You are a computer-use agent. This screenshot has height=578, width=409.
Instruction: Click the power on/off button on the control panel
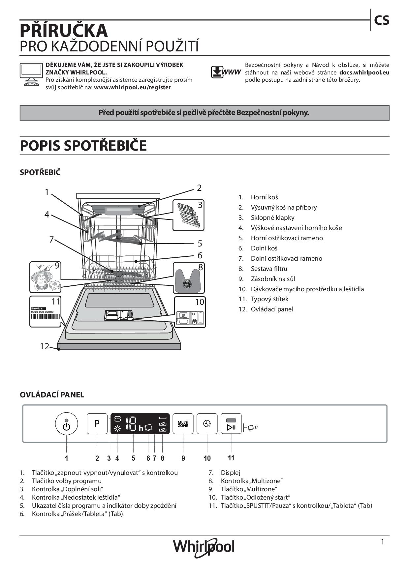click(66, 423)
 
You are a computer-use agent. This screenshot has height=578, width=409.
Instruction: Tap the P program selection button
click(97, 423)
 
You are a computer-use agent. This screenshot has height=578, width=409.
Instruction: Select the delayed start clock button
click(207, 423)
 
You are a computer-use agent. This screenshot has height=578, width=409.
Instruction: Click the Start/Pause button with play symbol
click(231, 424)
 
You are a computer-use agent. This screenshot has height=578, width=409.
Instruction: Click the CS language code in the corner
click(382, 20)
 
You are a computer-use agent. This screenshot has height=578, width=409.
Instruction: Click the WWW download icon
click(226, 72)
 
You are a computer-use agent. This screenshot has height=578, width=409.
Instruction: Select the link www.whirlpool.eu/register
click(133, 87)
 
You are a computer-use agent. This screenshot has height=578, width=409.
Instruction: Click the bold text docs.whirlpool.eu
click(364, 72)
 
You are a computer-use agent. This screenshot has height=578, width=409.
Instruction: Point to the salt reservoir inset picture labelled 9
click(46, 277)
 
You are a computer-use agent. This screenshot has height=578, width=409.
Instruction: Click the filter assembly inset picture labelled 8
click(189, 278)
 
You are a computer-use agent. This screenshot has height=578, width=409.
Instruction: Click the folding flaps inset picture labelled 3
click(188, 215)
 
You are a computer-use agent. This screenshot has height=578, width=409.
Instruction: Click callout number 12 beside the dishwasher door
click(45, 346)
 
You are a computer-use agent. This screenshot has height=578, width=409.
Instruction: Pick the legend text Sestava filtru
click(269, 269)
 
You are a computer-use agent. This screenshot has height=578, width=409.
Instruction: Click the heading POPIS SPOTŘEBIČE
click(83, 146)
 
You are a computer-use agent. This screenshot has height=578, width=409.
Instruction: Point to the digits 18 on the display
click(131, 423)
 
